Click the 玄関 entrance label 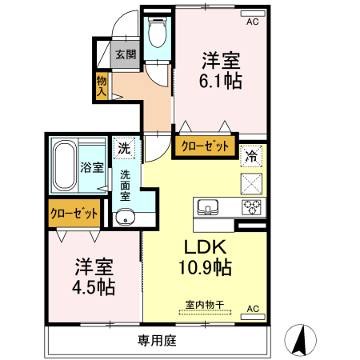(x=126, y=55)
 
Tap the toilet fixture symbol (x=157, y=34)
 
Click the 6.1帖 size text (x=221, y=81)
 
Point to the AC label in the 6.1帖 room (x=253, y=22)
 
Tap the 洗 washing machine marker (x=124, y=147)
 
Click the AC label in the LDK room (x=253, y=309)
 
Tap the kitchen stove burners (x=252, y=208)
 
